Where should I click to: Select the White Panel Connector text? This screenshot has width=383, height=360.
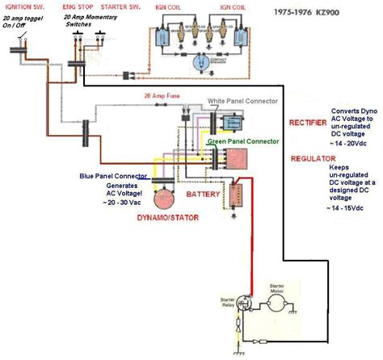pos(244,101)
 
